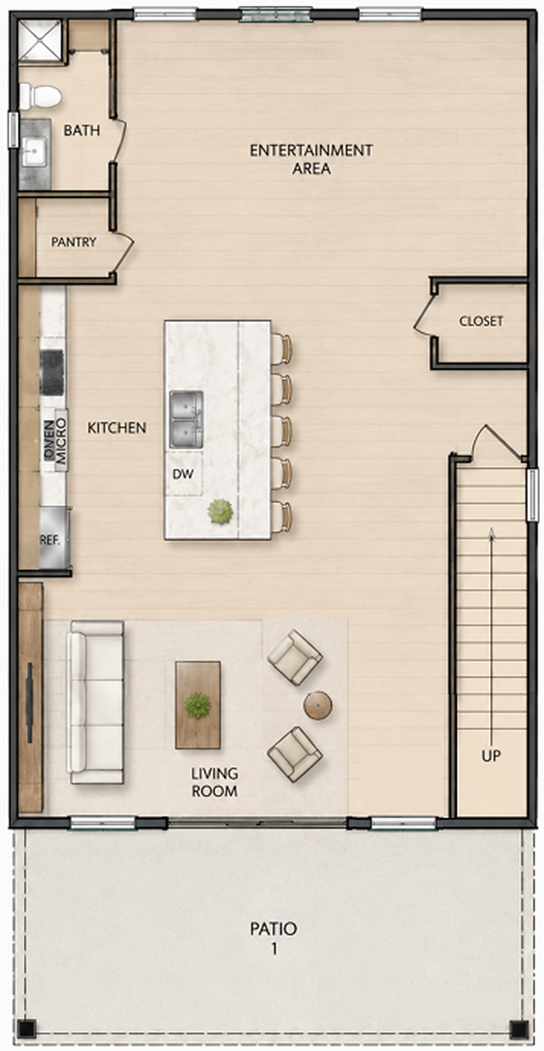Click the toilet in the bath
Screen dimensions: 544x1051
click(40, 97)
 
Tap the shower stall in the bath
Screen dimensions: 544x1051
click(40, 40)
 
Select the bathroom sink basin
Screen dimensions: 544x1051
click(34, 152)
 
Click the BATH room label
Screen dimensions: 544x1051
click(82, 131)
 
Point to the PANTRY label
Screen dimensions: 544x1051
click(74, 242)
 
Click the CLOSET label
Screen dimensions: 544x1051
click(481, 321)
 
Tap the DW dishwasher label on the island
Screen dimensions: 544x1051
click(183, 474)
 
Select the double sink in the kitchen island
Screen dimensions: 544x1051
click(186, 419)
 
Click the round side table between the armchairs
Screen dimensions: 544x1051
click(317, 705)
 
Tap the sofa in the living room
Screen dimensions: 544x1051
click(96, 703)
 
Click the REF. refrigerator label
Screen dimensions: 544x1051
click(50, 540)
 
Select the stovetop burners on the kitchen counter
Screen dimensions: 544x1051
click(52, 372)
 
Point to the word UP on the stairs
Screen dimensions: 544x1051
click(491, 756)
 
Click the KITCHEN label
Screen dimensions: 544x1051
click(117, 428)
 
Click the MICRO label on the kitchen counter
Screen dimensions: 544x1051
click(61, 441)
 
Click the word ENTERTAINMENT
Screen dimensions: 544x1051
click(311, 150)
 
